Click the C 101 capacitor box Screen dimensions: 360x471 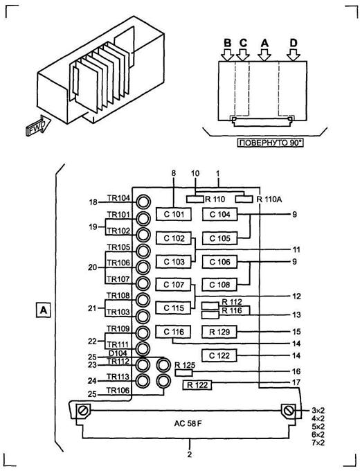coord(174,214)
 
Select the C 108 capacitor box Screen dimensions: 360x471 coord(219,285)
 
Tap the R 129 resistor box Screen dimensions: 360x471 coord(219,332)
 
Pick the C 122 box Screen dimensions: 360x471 coord(219,355)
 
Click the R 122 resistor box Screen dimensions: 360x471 coord(197,385)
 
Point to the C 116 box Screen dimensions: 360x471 coord(174,332)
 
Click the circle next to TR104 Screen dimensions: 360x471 coord(143,202)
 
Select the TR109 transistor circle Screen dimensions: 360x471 coord(143,332)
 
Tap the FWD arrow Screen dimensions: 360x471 coord(39,125)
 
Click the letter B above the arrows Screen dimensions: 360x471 coord(228,43)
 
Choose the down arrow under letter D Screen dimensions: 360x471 coord(294,55)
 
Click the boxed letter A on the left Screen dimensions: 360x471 coord(44,310)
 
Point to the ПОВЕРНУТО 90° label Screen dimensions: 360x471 coord(270,143)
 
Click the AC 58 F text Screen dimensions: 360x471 coord(188,423)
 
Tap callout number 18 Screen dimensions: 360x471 coord(93,202)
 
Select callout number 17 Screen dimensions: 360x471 coord(296,382)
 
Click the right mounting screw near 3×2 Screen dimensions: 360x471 coord(289,411)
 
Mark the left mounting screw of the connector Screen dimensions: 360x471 coord(82,411)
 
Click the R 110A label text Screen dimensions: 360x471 coord(269,199)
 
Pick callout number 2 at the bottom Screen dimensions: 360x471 coord(190,454)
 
